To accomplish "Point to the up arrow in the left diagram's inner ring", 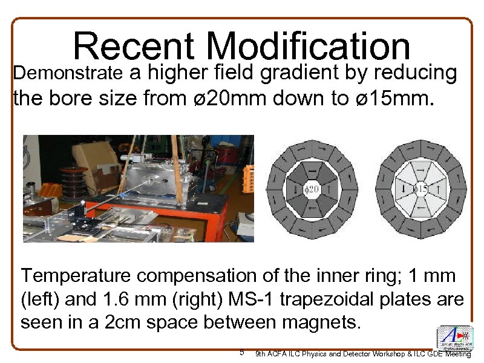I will [x=327, y=190].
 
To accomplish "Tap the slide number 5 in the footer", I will [x=241, y=352].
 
